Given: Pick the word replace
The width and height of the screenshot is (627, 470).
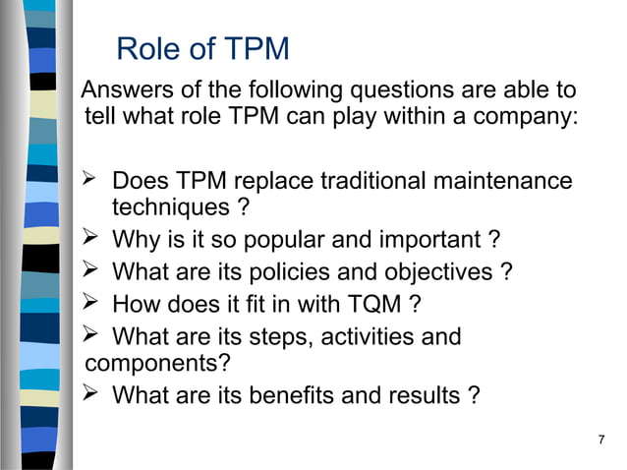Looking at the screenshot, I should (x=279, y=182).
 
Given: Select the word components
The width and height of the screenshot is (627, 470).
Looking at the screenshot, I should (x=158, y=363).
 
